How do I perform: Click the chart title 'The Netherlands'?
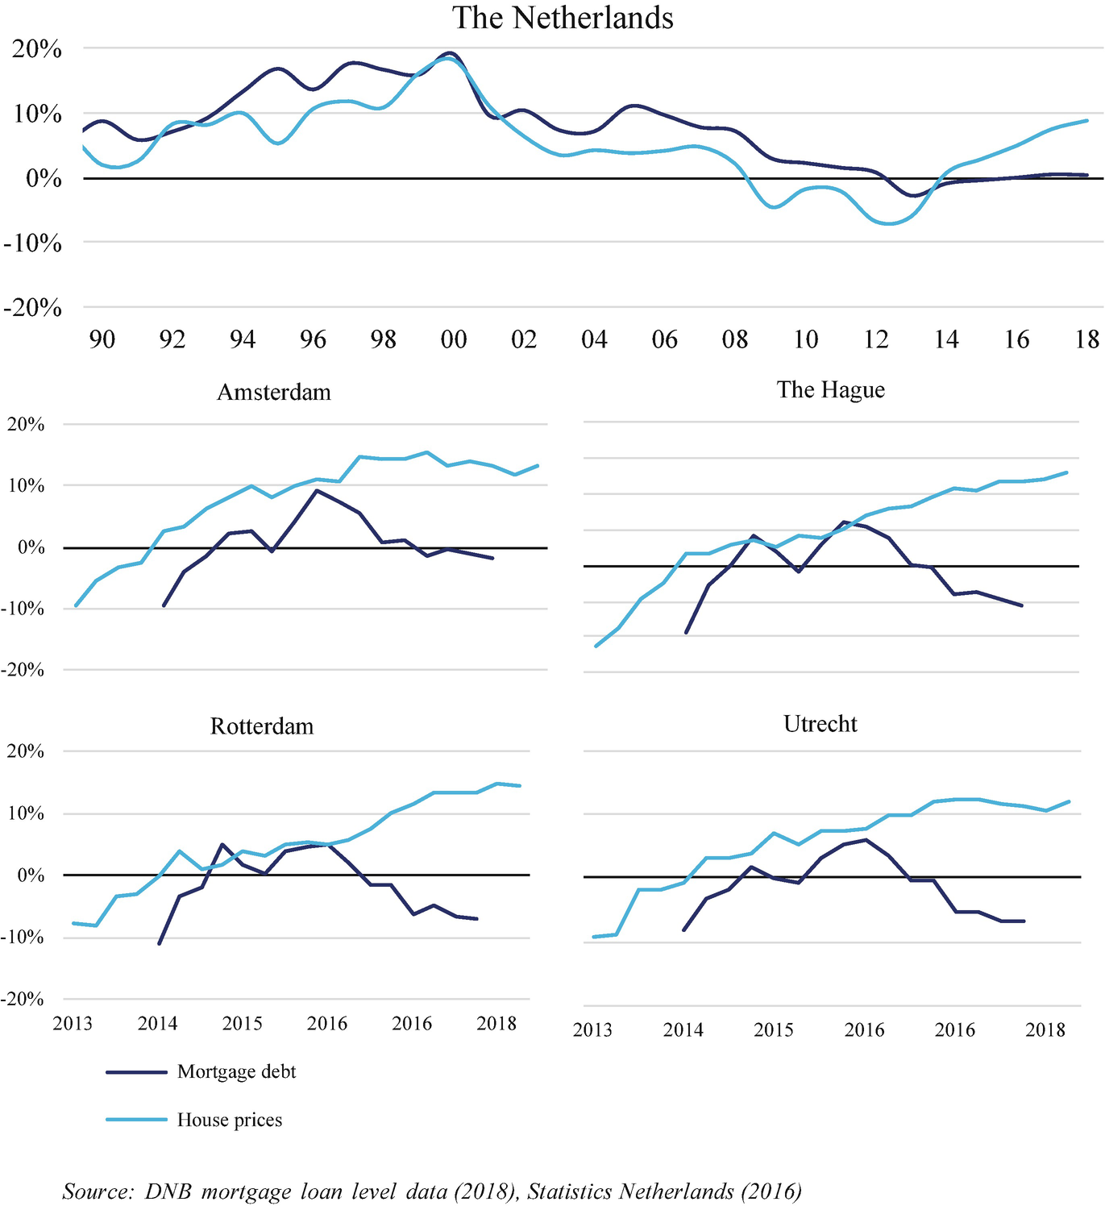click(563, 18)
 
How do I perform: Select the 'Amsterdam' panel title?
click(274, 393)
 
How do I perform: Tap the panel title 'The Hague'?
click(830, 390)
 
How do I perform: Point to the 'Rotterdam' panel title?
click(261, 726)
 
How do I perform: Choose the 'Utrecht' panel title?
click(820, 724)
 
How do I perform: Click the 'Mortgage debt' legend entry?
click(236, 1072)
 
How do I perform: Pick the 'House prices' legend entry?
click(230, 1121)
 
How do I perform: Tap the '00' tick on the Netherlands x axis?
click(454, 339)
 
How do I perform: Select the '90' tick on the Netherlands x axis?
click(102, 339)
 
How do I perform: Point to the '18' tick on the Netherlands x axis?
click(1087, 339)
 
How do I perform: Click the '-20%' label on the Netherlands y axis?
click(32, 308)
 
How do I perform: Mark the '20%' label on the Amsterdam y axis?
click(26, 425)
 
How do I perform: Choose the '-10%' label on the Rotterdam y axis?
click(24, 938)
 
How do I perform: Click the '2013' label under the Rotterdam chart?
click(73, 1024)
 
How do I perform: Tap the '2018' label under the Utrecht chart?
click(1045, 1030)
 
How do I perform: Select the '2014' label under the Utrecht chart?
click(683, 1030)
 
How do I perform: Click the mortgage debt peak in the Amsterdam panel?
click(317, 490)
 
